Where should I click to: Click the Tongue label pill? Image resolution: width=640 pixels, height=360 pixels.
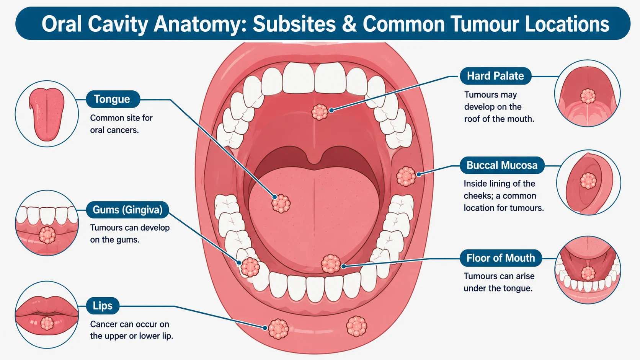coord(113,99)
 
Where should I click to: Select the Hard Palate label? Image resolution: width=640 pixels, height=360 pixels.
coord(495,76)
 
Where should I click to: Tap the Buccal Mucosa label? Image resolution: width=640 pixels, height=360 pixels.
coord(502,165)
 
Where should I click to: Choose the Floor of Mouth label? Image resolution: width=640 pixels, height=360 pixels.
coord(501,258)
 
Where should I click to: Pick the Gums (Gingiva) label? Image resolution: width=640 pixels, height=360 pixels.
coord(127,210)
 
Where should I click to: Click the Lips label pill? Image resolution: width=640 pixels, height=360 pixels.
coord(103,306)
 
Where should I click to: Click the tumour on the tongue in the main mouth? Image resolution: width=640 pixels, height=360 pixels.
coord(281,204)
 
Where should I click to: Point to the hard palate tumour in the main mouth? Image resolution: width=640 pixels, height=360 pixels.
coord(320,112)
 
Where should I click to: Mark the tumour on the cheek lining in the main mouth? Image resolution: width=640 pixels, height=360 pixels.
coord(406,176)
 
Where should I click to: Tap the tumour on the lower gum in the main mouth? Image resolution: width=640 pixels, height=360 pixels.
coord(250,267)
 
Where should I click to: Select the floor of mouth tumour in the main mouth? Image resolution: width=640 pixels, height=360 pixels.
coord(331,264)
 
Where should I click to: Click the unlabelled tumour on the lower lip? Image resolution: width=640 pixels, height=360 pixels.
coord(356,326)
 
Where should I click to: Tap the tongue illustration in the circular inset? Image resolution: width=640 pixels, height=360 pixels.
coord(47,114)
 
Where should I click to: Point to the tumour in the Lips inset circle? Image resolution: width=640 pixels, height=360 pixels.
coord(47,323)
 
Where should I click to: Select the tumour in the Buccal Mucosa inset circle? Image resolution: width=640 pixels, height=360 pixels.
coord(588,181)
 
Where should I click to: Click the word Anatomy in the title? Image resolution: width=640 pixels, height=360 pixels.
coord(201,24)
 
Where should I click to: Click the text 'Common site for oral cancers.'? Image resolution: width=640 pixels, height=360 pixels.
coord(121,124)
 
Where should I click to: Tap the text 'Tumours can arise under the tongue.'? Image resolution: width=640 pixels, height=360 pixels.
coord(499,282)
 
